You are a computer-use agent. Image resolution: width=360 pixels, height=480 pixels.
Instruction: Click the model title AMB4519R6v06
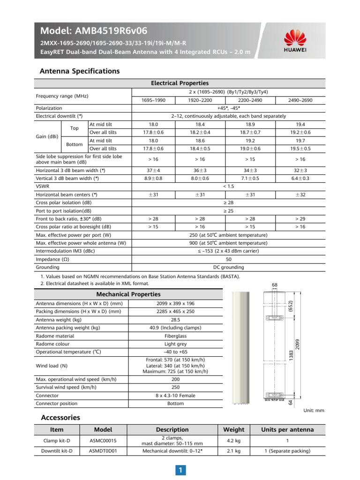point(94,31)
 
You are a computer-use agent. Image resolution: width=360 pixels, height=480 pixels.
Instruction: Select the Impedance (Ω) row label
point(53,259)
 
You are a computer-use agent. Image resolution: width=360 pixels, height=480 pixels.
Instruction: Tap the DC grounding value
point(229,267)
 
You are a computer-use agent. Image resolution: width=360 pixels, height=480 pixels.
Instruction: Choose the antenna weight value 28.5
point(175,319)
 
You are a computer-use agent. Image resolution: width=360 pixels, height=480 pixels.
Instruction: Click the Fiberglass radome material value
point(175,336)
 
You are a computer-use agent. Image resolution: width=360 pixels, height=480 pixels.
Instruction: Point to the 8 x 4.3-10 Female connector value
point(175,396)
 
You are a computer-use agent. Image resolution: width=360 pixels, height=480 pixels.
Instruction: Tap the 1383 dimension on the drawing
point(292,355)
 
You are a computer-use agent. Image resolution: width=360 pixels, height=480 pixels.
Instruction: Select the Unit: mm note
point(314,411)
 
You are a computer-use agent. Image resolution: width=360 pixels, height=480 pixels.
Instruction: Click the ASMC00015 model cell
point(104,441)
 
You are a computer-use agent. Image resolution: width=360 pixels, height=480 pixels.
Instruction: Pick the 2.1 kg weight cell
point(233,451)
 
